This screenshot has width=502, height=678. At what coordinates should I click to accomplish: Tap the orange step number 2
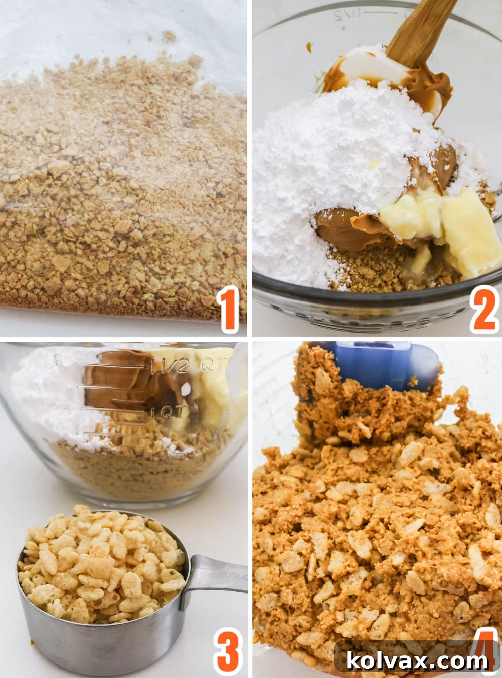[485, 309]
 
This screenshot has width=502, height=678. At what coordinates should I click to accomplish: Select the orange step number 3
[228, 650]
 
